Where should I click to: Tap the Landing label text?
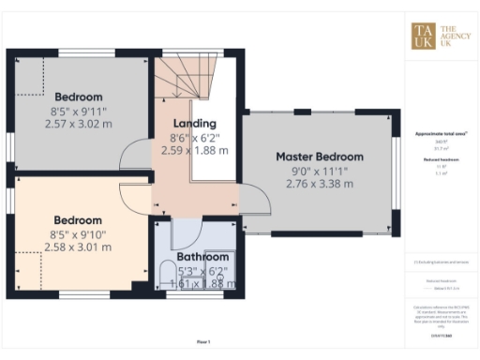tap(195, 123)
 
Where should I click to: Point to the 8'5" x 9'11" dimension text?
tap(78, 111)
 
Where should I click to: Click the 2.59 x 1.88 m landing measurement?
tap(195, 149)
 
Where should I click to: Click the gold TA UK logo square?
tap(424, 35)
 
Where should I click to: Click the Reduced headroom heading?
tap(442, 160)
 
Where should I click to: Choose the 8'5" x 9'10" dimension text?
tap(78, 234)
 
